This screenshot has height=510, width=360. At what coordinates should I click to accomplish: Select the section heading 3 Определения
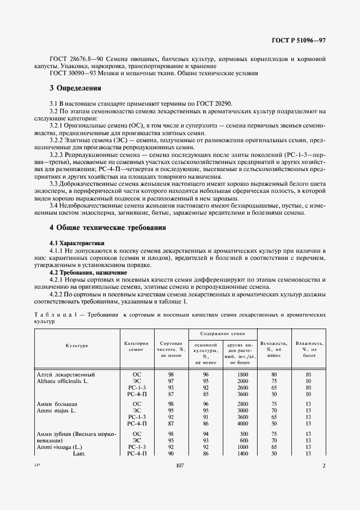click(75, 88)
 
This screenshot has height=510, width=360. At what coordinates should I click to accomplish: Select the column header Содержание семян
click(222, 333)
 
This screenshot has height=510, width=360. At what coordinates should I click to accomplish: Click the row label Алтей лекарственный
click(66, 374)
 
